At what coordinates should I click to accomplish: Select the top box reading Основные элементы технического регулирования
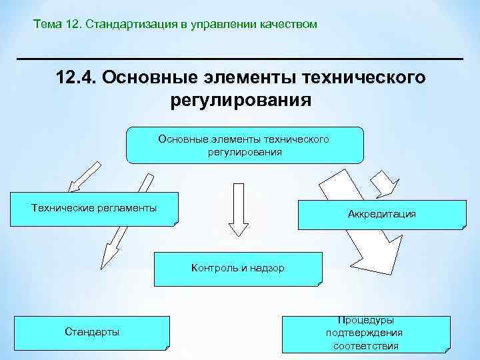coord(245,145)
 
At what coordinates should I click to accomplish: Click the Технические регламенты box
coord(94,209)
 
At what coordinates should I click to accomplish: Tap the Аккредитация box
coord(381,214)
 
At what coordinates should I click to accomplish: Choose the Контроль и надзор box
coord(237,268)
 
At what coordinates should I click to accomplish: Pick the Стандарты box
coord(92,332)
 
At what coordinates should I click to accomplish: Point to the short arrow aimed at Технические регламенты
coord(80,177)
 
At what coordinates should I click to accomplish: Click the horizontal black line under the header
coord(240,59)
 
